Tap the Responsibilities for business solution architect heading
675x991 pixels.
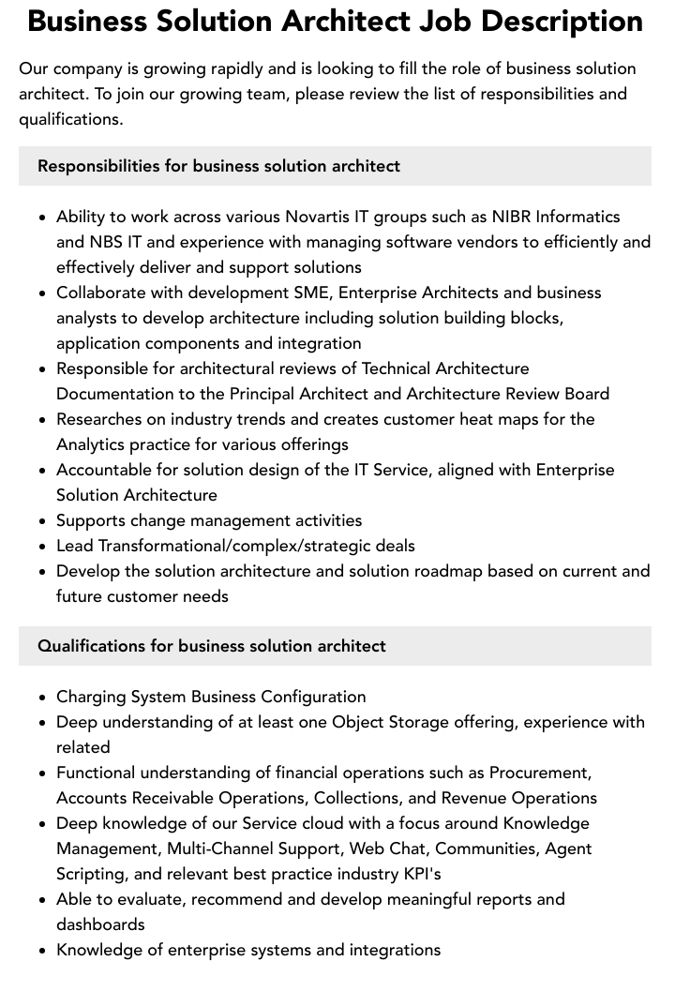click(x=218, y=166)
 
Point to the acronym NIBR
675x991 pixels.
click(x=516, y=217)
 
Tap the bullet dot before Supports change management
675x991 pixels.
click(x=42, y=521)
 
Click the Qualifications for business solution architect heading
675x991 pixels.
click(x=212, y=646)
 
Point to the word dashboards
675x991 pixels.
click(x=100, y=924)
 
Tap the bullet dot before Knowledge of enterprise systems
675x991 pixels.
click(x=42, y=951)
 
